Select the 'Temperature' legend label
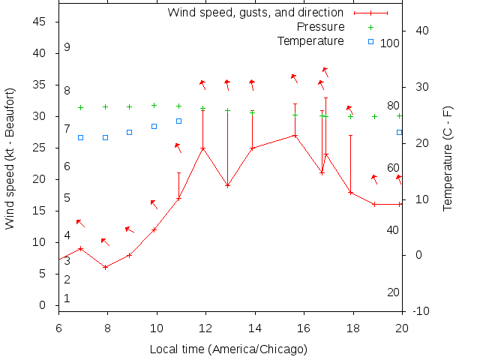pos(310,40)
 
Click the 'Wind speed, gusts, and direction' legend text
pos(256,13)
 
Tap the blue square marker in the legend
pos(370,41)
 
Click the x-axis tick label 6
pos(58,327)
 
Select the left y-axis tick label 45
pos(41,22)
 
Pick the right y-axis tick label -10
pos(421,311)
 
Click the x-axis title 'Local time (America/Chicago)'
pos(229,349)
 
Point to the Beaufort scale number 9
pos(67,47)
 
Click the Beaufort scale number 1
pos(67,298)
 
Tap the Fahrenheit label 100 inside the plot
pos(390,43)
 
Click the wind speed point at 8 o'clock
pos(106,267)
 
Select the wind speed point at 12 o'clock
pos(202,148)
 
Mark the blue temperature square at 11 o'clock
pos(178,121)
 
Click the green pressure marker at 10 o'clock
pos(154,106)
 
